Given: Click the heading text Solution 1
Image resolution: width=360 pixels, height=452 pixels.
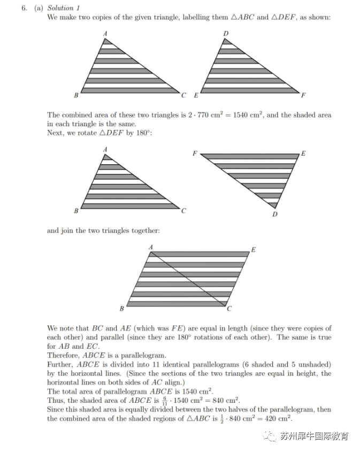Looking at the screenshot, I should [60, 8].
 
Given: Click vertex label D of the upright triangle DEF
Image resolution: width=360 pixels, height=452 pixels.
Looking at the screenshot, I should [226, 34].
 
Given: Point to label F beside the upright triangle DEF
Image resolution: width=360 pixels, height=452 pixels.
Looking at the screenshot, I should [303, 96].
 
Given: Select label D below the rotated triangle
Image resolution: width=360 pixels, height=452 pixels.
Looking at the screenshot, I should [274, 214].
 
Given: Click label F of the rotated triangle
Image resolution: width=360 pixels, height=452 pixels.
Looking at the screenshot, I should [195, 154].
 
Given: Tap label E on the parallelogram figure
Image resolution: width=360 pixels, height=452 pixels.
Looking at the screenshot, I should [254, 250].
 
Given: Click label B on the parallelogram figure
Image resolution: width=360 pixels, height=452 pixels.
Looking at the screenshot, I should [121, 309].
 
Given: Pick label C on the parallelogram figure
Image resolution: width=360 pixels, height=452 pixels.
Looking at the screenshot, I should [229, 309].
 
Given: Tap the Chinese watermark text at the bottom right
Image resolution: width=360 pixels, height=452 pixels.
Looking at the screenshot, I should [315, 436].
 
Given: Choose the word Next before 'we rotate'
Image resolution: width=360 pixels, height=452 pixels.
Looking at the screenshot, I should [55, 133].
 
